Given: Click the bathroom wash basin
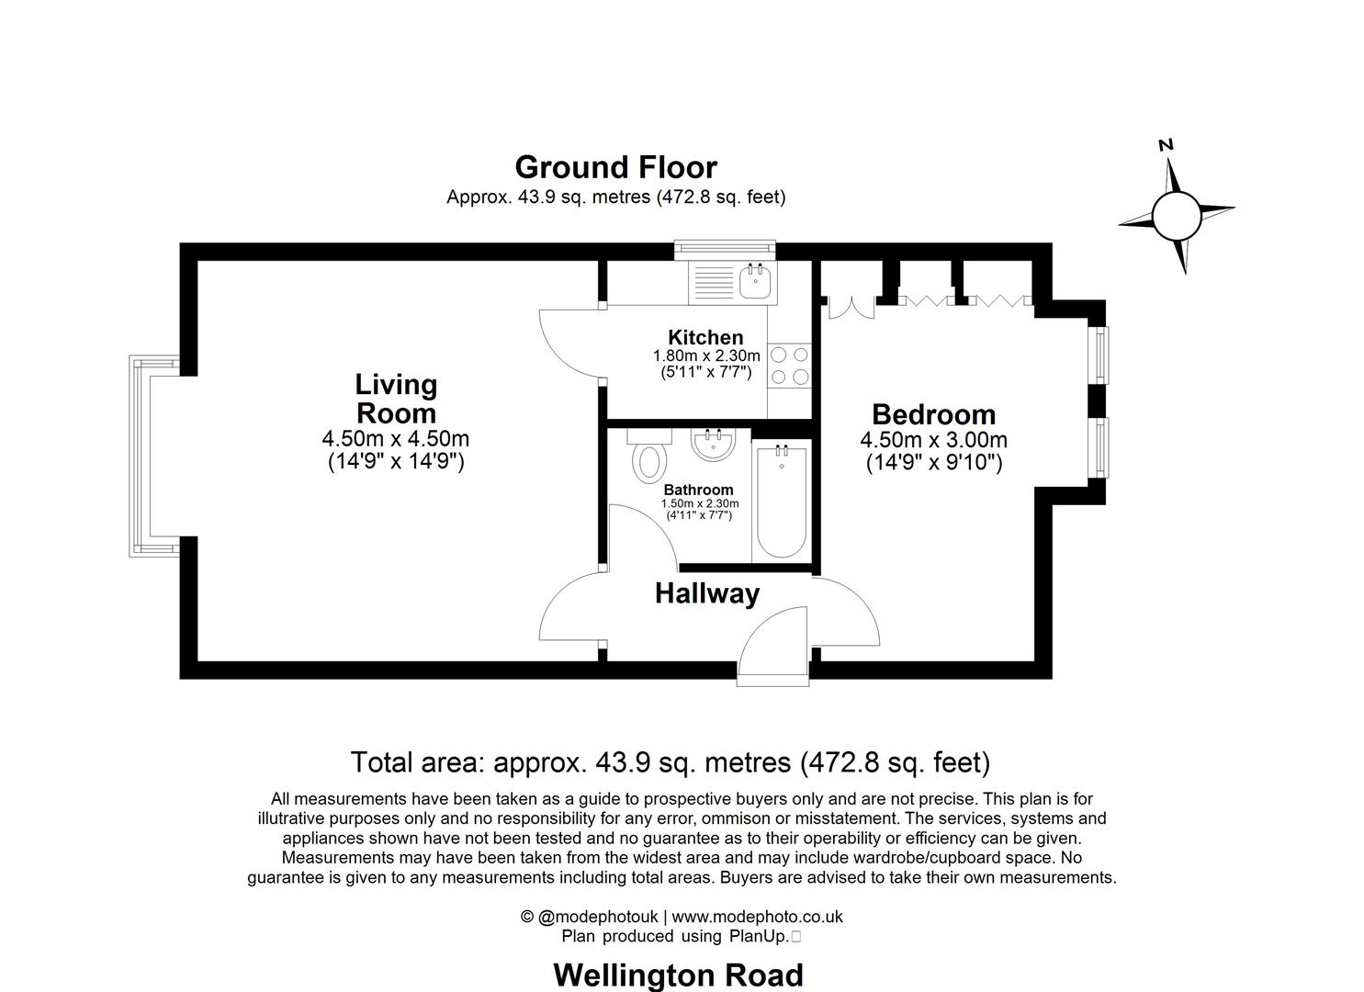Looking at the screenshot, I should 713,446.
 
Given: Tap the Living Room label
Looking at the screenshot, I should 396,399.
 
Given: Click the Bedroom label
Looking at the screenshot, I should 933,414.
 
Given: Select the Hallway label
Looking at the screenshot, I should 706,593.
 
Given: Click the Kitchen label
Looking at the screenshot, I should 705,337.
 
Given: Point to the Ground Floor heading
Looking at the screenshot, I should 615,167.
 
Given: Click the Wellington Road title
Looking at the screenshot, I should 678,974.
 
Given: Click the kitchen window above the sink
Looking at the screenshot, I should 725,250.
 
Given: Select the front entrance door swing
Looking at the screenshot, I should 771,644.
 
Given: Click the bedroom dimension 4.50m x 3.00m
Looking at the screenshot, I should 933,440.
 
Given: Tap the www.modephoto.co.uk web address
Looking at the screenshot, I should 757,917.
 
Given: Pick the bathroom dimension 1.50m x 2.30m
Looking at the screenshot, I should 699,503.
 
